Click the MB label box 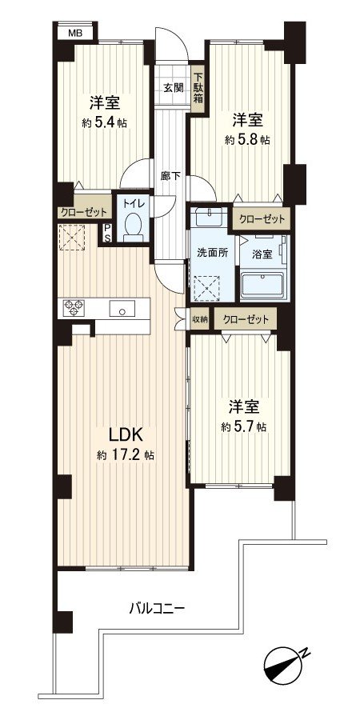pyautogui.click(x=74, y=33)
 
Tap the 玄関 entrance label pyautogui.click(x=174, y=88)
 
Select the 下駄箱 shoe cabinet pyautogui.click(x=198, y=88)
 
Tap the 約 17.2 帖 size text pyautogui.click(x=126, y=455)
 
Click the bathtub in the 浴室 pyautogui.click(x=263, y=284)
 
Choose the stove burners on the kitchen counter pyautogui.click(x=74, y=307)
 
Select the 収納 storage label pyautogui.click(x=200, y=318)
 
